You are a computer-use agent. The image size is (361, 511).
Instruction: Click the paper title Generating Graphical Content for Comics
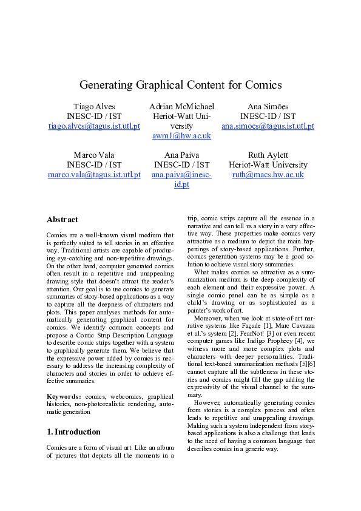(x=180, y=85)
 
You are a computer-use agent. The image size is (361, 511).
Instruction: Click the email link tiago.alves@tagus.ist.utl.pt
(x=94, y=126)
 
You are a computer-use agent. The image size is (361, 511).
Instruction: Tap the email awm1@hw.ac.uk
(x=181, y=136)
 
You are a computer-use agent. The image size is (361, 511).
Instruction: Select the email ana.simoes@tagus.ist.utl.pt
(x=268, y=126)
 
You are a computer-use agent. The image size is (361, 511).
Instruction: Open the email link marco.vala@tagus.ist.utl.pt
(x=94, y=175)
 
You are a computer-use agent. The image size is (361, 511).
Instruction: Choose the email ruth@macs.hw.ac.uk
(x=268, y=175)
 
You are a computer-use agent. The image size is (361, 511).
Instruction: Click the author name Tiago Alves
(x=94, y=107)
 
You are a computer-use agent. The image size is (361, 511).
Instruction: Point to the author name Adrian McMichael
(x=181, y=107)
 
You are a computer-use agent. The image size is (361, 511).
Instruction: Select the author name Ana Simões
(x=268, y=107)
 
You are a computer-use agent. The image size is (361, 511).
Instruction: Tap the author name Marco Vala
(x=94, y=155)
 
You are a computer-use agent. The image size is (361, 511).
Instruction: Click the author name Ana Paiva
(x=181, y=155)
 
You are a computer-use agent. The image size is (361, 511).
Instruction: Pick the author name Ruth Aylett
(x=268, y=155)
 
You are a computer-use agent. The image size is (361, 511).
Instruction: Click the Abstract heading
(x=62, y=220)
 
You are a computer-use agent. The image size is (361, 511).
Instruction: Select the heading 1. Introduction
(x=73, y=432)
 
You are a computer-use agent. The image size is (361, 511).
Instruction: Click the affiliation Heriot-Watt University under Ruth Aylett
(x=268, y=165)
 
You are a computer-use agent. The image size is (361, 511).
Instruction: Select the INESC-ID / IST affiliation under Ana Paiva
(x=181, y=165)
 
